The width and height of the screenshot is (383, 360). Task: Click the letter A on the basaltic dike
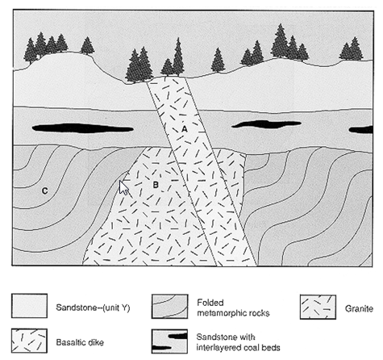(185, 129)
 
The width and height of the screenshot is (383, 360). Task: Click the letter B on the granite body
(156, 185)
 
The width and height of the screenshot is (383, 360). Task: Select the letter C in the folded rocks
(44, 190)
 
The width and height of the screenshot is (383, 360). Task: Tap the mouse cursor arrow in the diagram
(123, 187)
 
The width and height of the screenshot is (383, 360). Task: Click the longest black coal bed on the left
(83, 128)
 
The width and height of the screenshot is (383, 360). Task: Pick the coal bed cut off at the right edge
(360, 130)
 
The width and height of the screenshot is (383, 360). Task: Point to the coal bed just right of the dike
(266, 124)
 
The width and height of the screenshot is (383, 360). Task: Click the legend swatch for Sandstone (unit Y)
(29, 306)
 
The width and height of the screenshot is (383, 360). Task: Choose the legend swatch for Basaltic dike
(29, 341)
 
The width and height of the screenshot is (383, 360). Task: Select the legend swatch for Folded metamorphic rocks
(169, 306)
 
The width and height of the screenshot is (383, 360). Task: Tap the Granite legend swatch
(318, 307)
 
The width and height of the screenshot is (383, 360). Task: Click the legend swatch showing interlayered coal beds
(169, 341)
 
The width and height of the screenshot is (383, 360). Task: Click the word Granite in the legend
(359, 308)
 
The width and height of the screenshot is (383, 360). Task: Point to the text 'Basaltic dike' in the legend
(80, 342)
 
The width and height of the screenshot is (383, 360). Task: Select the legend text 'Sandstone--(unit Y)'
(93, 308)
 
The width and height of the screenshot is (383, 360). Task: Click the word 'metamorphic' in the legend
(220, 313)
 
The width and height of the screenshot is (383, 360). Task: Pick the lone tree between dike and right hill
(218, 61)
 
